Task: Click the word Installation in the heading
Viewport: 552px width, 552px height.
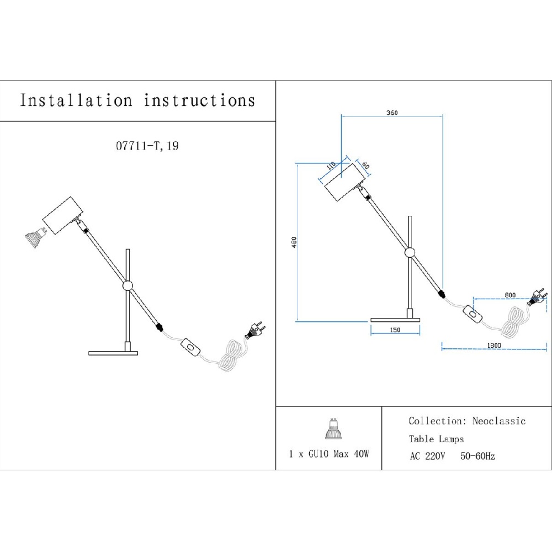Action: [76, 100]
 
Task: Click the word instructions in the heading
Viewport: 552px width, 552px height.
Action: [200, 100]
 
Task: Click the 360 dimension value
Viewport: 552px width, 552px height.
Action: [391, 113]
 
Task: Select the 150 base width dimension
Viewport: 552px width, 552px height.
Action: [395, 330]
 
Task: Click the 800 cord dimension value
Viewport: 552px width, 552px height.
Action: [509, 295]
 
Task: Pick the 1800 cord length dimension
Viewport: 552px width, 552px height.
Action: [494, 346]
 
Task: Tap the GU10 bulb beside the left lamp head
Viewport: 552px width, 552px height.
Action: [33, 236]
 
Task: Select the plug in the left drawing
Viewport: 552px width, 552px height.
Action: [255, 331]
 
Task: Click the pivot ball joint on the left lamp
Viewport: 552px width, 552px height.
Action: [128, 286]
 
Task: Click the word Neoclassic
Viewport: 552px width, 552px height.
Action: [498, 421]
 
